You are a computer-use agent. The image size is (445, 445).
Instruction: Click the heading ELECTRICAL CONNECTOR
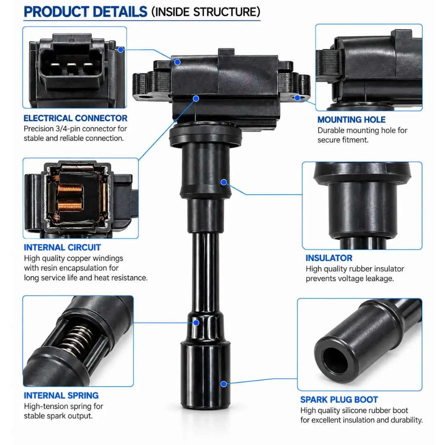tap(75, 118)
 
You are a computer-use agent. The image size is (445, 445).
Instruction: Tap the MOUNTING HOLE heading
tap(351, 120)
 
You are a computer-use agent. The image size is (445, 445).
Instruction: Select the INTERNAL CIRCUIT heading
tap(62, 248)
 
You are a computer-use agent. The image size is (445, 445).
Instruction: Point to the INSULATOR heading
tap(329, 258)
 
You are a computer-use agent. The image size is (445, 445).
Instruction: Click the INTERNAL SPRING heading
tap(61, 395)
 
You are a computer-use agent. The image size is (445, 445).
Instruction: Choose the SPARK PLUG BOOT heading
tap(339, 400)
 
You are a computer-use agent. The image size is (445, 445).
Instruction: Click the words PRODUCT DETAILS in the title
tap(85, 12)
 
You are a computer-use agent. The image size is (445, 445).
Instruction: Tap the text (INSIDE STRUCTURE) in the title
tap(206, 12)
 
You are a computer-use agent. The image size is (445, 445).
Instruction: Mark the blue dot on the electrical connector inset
tap(121, 50)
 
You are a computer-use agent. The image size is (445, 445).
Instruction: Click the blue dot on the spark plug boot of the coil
tap(224, 384)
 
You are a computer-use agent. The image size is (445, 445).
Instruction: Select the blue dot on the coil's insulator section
tap(224, 182)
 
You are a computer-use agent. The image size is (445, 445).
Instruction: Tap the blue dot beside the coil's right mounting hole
tap(297, 98)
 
